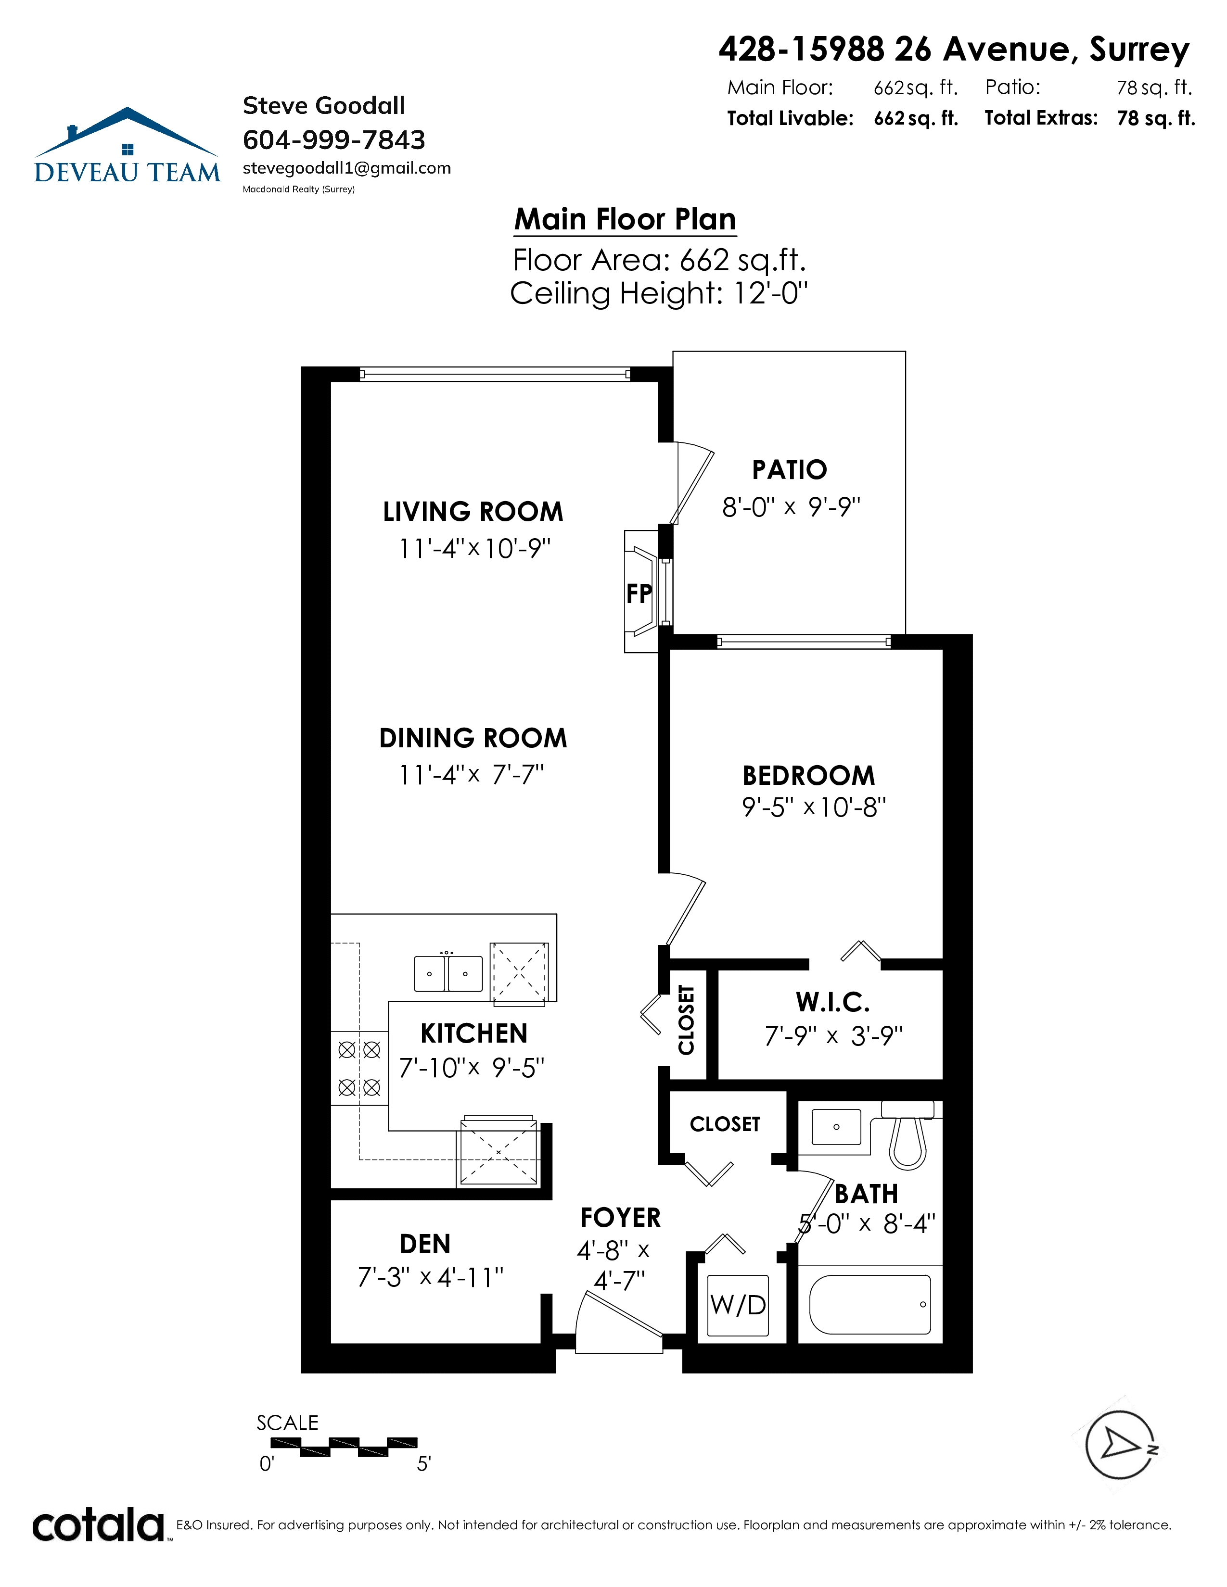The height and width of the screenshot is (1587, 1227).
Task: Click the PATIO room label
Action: point(790,470)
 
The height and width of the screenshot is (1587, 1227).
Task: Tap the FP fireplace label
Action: point(639,593)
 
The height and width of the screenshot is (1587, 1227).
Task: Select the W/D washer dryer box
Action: point(739,1305)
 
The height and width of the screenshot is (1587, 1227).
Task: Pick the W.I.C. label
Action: point(833,1002)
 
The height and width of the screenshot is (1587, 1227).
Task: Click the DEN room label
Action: point(425,1244)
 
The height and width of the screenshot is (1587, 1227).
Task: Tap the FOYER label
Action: point(621,1217)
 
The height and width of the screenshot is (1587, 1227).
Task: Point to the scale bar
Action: point(344,1447)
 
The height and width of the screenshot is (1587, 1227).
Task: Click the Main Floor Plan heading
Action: point(625,219)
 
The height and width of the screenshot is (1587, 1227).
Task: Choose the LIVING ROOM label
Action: point(473,512)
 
